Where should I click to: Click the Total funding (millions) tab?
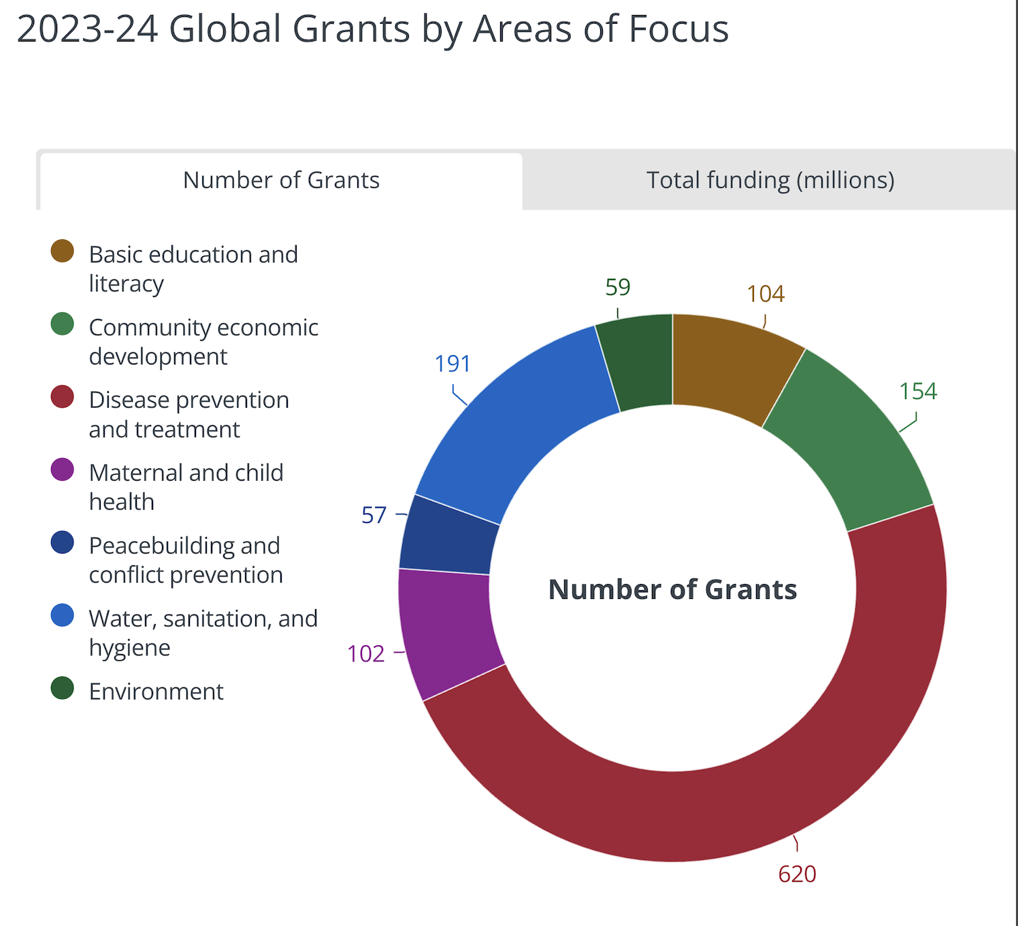tap(770, 180)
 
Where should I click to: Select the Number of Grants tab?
tap(281, 180)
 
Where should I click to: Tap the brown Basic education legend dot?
tap(63, 251)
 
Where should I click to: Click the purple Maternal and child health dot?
tap(63, 469)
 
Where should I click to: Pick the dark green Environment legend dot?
tap(63, 688)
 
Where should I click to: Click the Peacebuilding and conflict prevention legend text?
tap(185, 560)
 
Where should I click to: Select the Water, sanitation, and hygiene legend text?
tap(203, 632)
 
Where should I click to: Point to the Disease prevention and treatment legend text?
tap(188, 414)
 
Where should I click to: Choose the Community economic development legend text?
tap(203, 341)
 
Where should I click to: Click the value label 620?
tap(797, 874)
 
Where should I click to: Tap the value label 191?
tap(453, 364)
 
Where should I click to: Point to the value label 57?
tap(374, 515)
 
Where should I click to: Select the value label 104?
tap(766, 294)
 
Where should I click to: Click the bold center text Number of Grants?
tap(672, 589)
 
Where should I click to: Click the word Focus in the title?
tap(678, 29)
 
